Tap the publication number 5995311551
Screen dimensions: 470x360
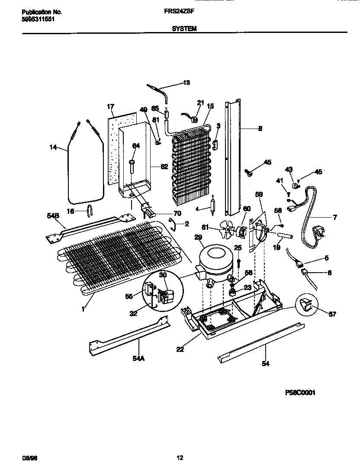pos(38,19)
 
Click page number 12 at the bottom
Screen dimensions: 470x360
pos(180,458)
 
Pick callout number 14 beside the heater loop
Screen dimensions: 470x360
pos(53,148)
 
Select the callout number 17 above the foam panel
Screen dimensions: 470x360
pos(110,106)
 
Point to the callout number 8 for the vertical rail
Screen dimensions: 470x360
pos(260,128)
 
